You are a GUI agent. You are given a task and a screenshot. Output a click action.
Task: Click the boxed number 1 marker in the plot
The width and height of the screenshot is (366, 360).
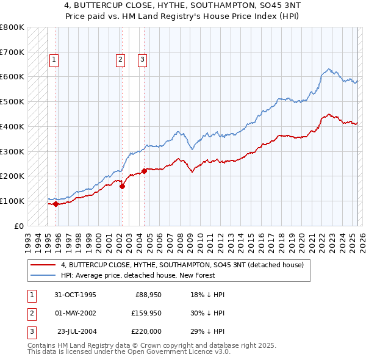click(x=54, y=60)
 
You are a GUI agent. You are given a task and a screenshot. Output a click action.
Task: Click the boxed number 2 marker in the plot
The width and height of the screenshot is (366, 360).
click(x=120, y=60)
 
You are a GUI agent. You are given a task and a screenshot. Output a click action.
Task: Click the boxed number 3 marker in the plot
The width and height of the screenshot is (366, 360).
click(x=142, y=60)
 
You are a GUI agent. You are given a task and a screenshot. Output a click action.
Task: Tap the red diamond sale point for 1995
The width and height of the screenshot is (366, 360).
click(x=56, y=204)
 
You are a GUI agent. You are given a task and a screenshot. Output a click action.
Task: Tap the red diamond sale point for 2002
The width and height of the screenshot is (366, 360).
click(x=122, y=186)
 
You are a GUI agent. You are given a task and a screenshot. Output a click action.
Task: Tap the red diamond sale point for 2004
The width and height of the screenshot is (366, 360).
click(x=145, y=171)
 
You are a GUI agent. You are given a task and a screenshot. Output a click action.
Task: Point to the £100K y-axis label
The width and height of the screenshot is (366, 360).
click(x=12, y=201)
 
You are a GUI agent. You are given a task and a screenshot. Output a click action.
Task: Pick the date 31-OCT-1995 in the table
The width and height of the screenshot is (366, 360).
click(x=75, y=295)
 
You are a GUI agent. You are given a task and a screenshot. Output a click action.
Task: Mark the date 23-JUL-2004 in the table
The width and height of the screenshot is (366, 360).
click(x=75, y=332)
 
